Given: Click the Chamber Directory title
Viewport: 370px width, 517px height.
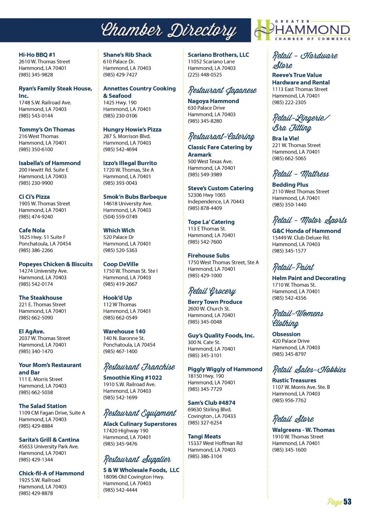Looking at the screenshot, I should pos(169,30).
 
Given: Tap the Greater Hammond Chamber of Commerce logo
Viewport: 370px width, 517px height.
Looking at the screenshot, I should pos(303,30).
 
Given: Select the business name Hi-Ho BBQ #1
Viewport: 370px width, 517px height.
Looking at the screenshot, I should pos(37,55).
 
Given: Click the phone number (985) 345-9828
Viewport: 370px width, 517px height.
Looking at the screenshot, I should pos(36,75).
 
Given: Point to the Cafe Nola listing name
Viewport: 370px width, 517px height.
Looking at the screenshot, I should pos(32,230).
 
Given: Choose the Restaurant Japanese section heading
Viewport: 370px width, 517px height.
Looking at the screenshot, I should pos(222,90).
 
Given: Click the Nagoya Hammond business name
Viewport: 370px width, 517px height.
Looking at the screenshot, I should pos(213,101).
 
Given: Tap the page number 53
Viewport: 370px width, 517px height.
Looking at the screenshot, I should pos(347,501).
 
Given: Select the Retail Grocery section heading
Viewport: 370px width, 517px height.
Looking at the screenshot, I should pos(212,291).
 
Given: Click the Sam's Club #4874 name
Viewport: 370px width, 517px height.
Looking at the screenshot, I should pos(211,403).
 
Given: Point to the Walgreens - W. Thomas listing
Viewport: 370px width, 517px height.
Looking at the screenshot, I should pos(303,430).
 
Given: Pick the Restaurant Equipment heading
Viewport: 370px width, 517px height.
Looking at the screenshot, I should pos(140,413).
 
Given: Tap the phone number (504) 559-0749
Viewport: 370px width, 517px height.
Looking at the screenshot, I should pos(120,216).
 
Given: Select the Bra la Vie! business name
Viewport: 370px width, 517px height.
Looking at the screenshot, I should pos(285,138).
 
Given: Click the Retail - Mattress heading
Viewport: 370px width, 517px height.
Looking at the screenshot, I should pos(301,174).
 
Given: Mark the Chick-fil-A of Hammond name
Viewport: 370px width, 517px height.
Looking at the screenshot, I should pos(51,473).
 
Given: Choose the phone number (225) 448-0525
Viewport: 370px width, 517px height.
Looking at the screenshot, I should pos(205,75).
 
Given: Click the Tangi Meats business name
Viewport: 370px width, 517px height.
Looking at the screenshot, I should pos(204,436).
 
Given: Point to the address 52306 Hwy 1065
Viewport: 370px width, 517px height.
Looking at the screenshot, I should pos(207,195).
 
